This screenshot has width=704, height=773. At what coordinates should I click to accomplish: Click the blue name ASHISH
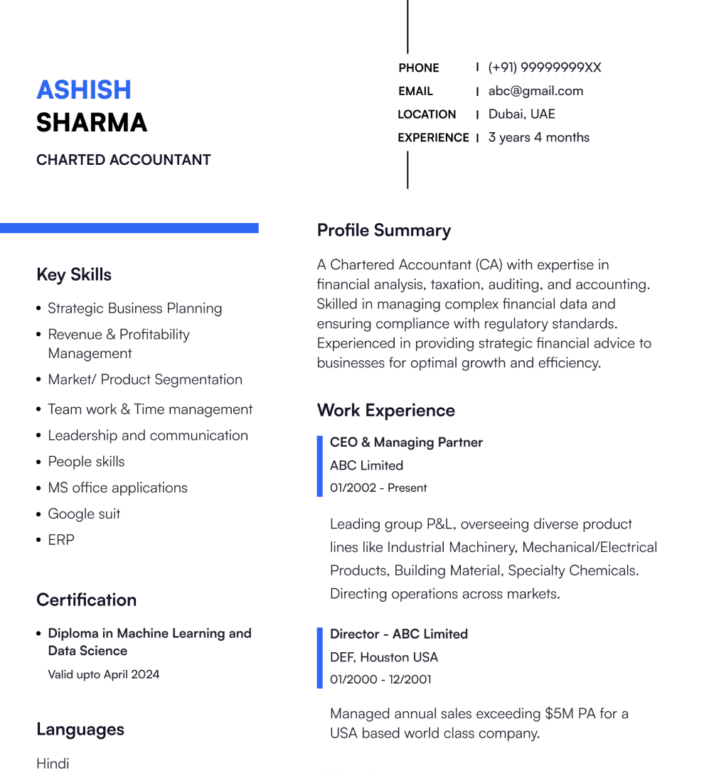84,90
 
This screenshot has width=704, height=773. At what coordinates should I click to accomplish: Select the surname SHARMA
92,123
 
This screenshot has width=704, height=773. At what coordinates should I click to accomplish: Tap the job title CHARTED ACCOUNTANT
124,160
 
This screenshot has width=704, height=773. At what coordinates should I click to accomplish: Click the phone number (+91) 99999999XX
545,67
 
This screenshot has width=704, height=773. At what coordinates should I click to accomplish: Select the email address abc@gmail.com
535,91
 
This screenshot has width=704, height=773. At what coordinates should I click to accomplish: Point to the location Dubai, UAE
521,114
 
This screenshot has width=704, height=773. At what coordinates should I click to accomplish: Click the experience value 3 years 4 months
538,137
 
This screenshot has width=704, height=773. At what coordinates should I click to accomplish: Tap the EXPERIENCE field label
433,138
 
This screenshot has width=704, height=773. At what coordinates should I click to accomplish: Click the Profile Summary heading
384,230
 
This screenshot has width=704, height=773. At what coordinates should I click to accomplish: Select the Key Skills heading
74,275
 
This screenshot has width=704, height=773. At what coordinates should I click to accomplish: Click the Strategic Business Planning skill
134,308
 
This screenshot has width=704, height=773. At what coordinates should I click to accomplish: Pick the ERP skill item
61,540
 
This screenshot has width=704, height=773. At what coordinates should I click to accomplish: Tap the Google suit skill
84,514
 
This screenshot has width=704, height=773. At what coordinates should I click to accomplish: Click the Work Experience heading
386,411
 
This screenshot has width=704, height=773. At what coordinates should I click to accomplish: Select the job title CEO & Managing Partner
406,442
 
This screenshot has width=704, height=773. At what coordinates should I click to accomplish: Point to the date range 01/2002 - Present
378,488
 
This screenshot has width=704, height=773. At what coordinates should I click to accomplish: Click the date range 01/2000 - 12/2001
380,679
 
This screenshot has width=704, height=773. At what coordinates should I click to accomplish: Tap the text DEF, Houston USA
384,657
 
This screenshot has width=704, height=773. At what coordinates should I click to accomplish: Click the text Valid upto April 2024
104,674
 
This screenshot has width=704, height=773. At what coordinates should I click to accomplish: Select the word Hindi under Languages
53,764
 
